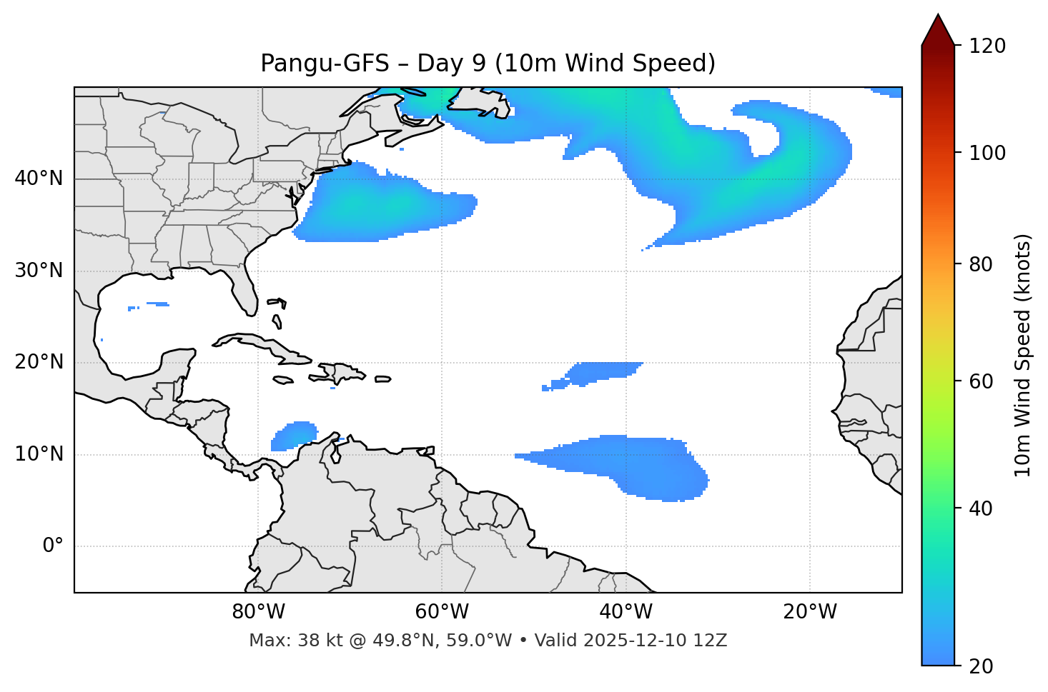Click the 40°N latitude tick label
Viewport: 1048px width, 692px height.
tap(39, 179)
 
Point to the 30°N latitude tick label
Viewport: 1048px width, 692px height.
tap(39, 271)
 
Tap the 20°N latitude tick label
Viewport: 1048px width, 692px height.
tap(39, 362)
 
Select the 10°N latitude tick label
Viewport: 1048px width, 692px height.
tap(39, 454)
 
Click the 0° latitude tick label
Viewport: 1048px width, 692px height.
tap(53, 546)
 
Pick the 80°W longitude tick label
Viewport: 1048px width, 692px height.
tap(258, 612)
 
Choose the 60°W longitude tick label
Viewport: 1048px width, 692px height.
tap(442, 612)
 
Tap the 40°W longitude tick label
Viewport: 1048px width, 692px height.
tap(626, 612)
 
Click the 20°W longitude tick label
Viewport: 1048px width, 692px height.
tap(810, 612)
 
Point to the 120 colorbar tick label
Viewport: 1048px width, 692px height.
tap(987, 46)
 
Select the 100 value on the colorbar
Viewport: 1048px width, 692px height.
tap(987, 153)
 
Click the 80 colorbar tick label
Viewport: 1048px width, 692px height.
tap(982, 264)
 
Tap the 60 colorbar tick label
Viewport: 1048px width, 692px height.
tap(982, 381)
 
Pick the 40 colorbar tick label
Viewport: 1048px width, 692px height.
tap(982, 508)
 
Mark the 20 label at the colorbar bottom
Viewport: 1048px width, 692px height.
tap(982, 666)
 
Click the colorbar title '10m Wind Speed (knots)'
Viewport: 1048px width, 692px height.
tap(1023, 355)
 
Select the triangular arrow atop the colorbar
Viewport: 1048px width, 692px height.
tap(938, 30)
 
